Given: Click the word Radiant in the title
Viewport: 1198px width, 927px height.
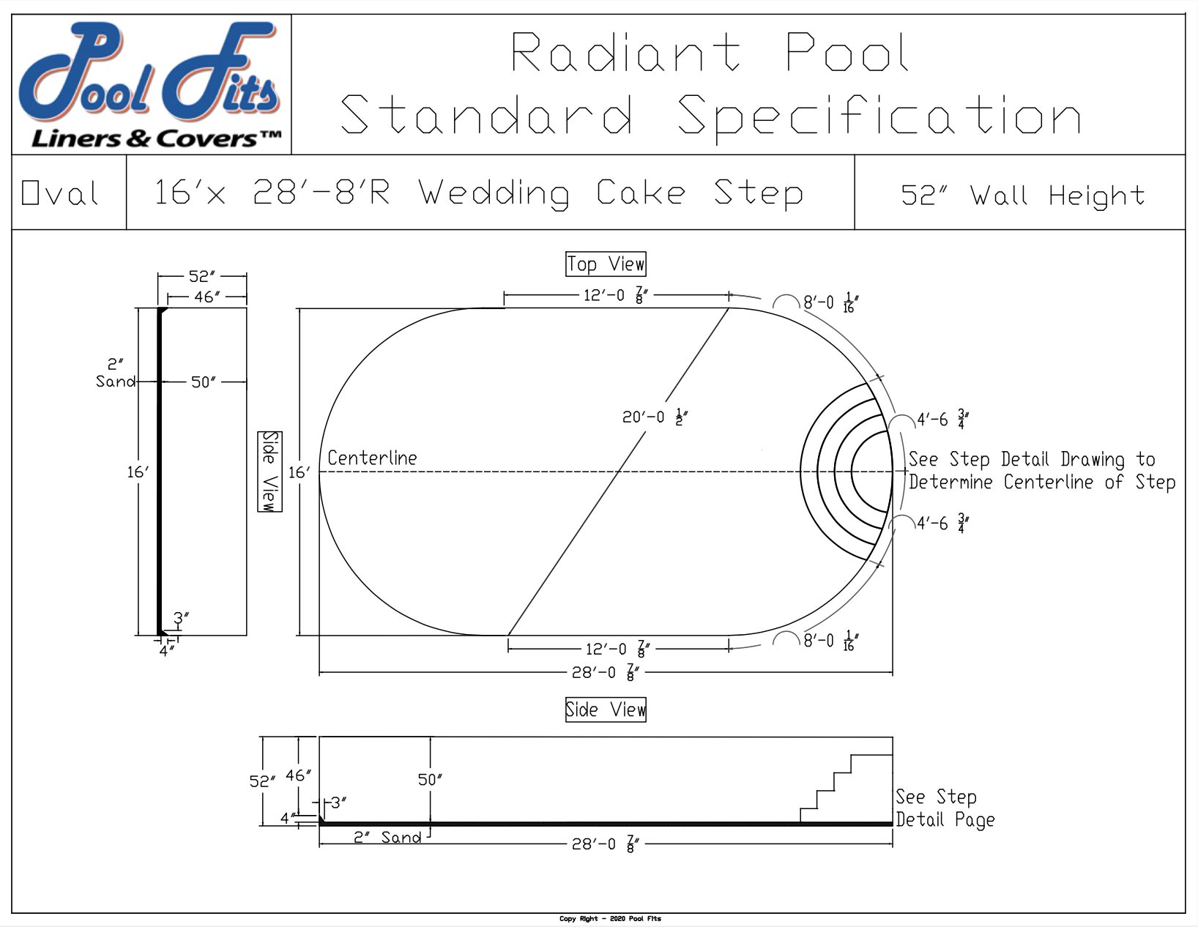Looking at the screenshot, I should coord(625,53).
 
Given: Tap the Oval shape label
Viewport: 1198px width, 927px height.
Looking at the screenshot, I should coord(60,193).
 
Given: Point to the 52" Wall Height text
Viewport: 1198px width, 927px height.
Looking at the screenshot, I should coord(1022,195).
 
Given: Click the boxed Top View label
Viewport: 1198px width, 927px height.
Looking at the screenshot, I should coord(606,264).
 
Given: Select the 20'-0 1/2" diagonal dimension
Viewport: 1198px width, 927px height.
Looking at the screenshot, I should coord(655,417).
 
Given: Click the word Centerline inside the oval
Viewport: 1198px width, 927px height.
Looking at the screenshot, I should coord(372,458).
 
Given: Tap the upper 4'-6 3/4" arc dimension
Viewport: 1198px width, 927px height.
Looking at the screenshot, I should coord(942,420).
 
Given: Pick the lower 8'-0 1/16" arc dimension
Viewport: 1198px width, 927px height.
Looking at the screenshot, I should coord(830,641).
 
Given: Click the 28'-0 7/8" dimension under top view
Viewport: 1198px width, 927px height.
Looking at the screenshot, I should coord(606,671).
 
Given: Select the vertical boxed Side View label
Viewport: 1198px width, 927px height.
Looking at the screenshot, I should coord(270,472).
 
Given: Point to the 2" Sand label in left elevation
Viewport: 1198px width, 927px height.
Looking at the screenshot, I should coord(116,373).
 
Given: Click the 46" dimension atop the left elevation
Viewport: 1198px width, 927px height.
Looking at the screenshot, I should coord(207,297).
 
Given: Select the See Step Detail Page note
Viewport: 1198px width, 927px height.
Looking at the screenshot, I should coord(945,808).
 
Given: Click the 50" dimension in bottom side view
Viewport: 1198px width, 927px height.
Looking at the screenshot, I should coord(430,779).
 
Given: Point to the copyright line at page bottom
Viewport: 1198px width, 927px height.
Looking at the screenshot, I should coord(610,918).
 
